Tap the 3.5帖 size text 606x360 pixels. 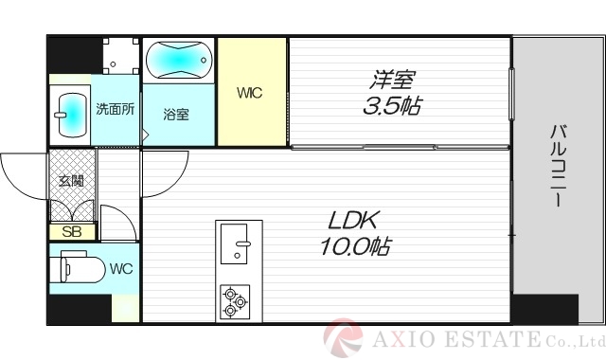point(392,106)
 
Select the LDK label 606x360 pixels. point(354,222)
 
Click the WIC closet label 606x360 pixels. point(250,93)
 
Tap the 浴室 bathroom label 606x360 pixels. point(176,115)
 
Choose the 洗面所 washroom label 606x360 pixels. point(116,108)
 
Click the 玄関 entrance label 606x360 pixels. point(71,181)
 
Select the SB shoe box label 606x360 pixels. point(71,231)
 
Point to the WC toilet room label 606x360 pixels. point(120,268)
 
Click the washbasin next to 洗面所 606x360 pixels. point(70,115)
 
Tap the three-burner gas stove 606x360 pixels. point(234,301)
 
